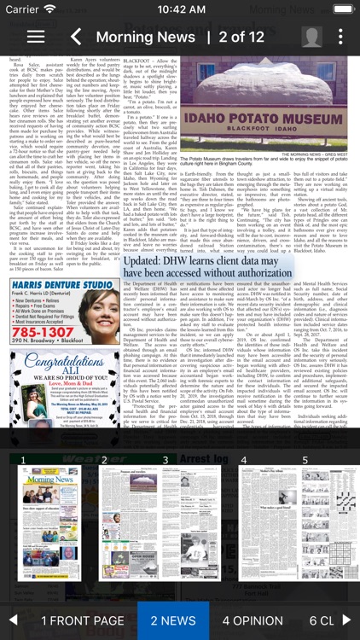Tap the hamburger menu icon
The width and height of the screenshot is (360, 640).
[x=36, y=37]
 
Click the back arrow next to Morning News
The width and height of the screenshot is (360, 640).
[x=76, y=37]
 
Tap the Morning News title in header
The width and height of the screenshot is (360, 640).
[x=145, y=37]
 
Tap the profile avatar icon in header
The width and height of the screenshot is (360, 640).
[x=312, y=37]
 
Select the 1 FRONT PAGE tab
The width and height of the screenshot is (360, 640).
[x=83, y=620]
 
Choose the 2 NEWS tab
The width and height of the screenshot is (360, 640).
[x=173, y=620]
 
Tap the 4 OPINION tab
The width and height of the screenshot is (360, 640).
[x=253, y=620]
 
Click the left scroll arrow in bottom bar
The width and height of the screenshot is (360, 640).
[x=13, y=620]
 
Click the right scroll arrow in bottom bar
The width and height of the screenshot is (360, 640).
[x=346, y=620]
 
